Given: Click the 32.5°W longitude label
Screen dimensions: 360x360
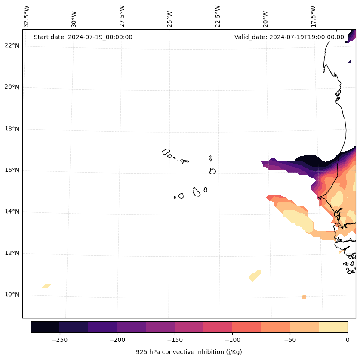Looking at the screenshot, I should point(27,16).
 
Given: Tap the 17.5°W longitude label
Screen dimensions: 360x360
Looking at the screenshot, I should point(313,16).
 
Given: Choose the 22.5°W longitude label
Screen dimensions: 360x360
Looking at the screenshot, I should point(218,16).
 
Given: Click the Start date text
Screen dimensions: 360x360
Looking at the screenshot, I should point(83,37).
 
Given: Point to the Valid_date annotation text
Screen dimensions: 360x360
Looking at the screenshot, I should point(289,37).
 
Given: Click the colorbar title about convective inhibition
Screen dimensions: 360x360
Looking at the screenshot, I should point(189,352).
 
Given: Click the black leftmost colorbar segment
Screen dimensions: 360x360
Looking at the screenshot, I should point(45,327).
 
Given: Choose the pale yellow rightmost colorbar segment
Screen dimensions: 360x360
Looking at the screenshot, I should point(333,327).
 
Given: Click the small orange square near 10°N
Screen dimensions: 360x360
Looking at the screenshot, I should point(304,297).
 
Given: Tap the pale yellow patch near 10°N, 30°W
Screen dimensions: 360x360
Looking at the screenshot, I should point(46,286).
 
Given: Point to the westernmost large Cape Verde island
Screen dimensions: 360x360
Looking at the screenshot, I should point(166,152).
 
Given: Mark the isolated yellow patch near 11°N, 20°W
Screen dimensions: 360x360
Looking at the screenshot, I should point(255,276).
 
